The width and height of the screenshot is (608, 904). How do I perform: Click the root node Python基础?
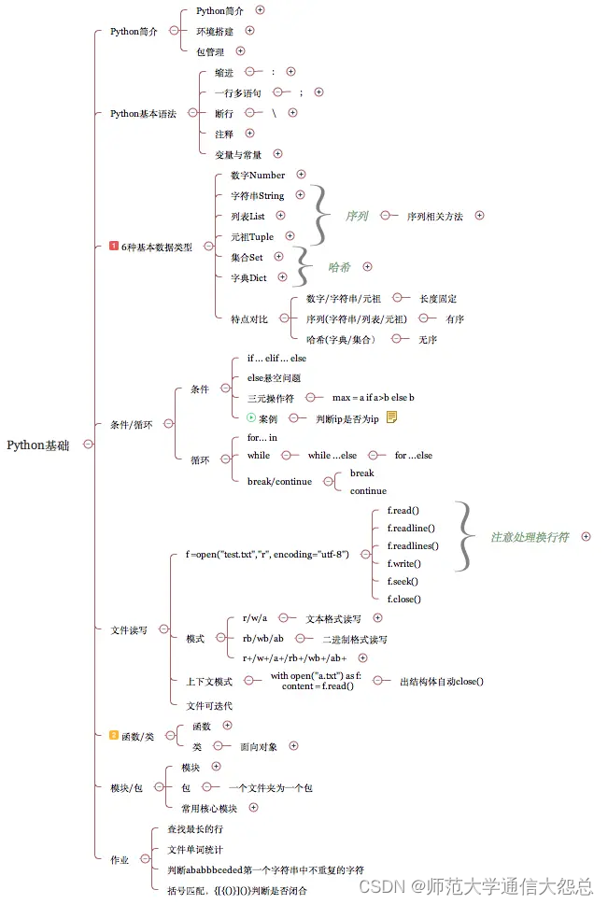[x=37, y=445]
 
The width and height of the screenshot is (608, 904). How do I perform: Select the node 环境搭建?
[x=216, y=31]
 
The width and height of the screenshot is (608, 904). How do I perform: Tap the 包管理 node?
[x=210, y=51]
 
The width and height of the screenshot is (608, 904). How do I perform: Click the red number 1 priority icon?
[x=114, y=247]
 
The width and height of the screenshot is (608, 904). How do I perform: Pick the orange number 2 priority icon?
[x=114, y=736]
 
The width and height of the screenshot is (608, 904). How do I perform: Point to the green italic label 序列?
[x=356, y=216]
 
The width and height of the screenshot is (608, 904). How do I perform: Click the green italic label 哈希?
[x=339, y=267]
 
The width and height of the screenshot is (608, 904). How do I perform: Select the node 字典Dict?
[x=248, y=277]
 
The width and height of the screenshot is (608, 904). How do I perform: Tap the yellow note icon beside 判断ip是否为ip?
[x=391, y=417]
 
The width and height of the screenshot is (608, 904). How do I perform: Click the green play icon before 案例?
[x=251, y=418]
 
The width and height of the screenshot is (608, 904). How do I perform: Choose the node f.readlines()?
[x=413, y=545]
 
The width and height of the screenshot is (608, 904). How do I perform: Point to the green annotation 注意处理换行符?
[x=530, y=537]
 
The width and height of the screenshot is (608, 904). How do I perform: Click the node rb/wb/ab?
[x=263, y=639]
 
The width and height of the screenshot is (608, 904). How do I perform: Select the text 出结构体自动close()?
[x=442, y=681]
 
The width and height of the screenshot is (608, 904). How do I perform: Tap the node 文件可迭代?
[x=209, y=705]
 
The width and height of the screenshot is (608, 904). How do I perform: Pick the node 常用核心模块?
[x=209, y=808]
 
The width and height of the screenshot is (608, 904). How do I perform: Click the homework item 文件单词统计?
[x=194, y=849]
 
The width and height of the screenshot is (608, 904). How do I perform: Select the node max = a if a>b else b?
[x=373, y=398]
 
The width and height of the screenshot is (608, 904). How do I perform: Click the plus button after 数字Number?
[x=301, y=174]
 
